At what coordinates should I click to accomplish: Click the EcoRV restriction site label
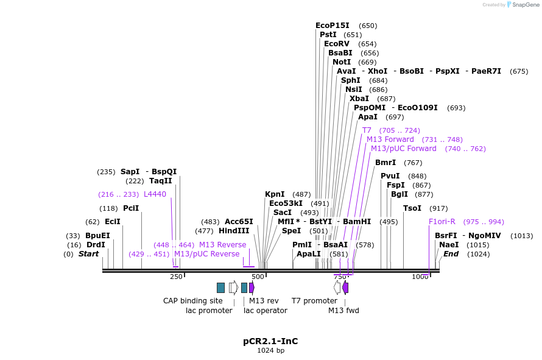point(337,44)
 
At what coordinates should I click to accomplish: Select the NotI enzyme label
point(342,62)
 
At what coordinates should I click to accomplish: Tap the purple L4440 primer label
point(155,194)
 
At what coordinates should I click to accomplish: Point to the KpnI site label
point(275,194)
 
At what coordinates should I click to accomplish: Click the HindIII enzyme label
point(234,231)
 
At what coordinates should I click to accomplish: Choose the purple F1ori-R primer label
point(442,222)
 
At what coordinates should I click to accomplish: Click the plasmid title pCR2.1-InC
point(270,341)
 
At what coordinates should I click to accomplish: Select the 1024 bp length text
point(270,351)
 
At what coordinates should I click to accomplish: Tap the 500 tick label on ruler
point(258,277)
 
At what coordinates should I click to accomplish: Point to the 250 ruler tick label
point(176,277)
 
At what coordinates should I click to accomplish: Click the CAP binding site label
point(193,301)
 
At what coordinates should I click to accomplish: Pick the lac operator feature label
point(266,311)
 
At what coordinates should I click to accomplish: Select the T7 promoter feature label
point(314,301)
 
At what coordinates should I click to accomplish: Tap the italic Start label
point(88,254)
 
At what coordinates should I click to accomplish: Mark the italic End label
point(451,254)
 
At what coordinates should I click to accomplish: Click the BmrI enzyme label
point(385,163)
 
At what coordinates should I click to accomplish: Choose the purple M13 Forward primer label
point(390,139)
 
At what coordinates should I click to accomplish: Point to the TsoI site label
point(412,208)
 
